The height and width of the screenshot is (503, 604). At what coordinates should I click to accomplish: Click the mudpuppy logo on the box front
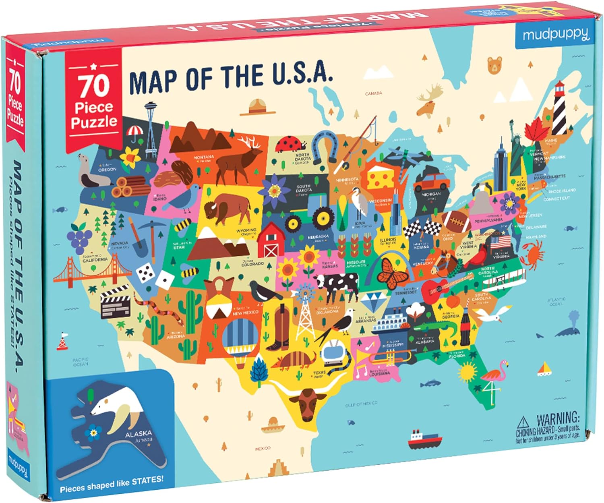[x=556, y=35]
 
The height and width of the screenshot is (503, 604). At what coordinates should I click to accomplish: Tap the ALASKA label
[x=138, y=435]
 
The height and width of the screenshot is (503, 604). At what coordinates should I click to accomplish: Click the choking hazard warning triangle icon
[x=523, y=422]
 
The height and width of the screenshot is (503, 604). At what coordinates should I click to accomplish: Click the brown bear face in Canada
[x=495, y=65]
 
